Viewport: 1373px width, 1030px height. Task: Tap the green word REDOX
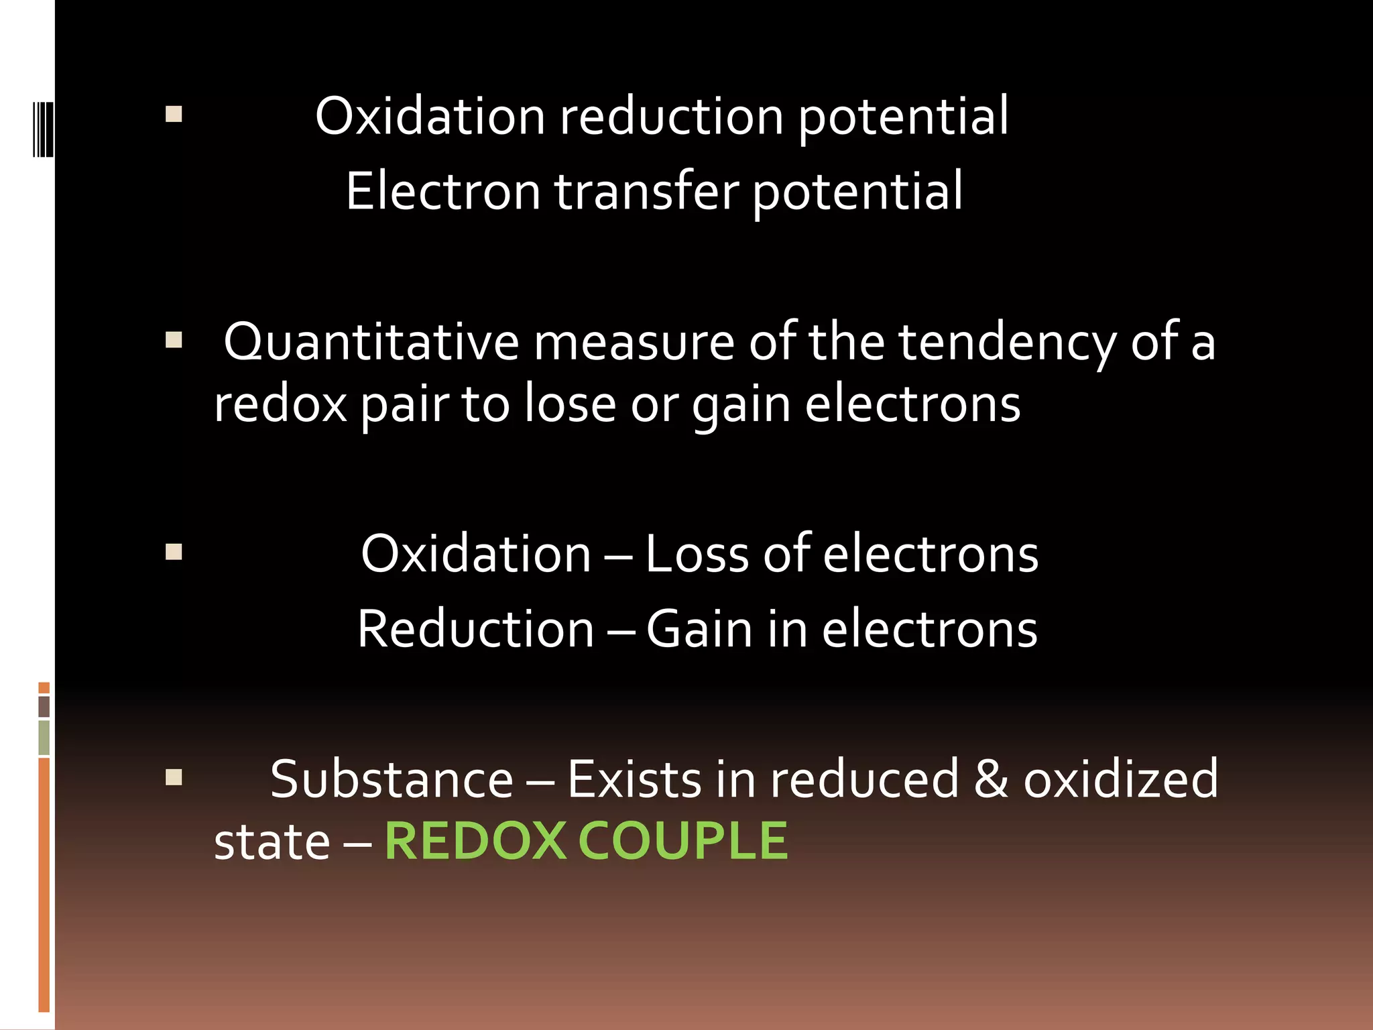(475, 841)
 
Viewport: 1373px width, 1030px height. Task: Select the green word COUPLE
(682, 841)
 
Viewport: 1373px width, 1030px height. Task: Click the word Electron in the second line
(442, 191)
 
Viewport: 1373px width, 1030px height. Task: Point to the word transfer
(646, 191)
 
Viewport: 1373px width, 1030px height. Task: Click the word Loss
(697, 555)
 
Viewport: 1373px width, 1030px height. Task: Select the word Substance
(392, 779)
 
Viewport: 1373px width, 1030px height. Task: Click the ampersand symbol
(991, 779)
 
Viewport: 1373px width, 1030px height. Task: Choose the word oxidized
(1120, 779)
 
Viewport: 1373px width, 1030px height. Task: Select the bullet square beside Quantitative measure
(174, 340)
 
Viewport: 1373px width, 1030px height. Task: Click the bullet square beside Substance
(174, 777)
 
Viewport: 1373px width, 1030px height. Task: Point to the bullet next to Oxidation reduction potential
(174, 114)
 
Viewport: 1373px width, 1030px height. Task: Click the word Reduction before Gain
(475, 630)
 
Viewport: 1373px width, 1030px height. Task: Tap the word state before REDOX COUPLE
(272, 842)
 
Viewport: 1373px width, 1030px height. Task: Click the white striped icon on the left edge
(43, 129)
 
